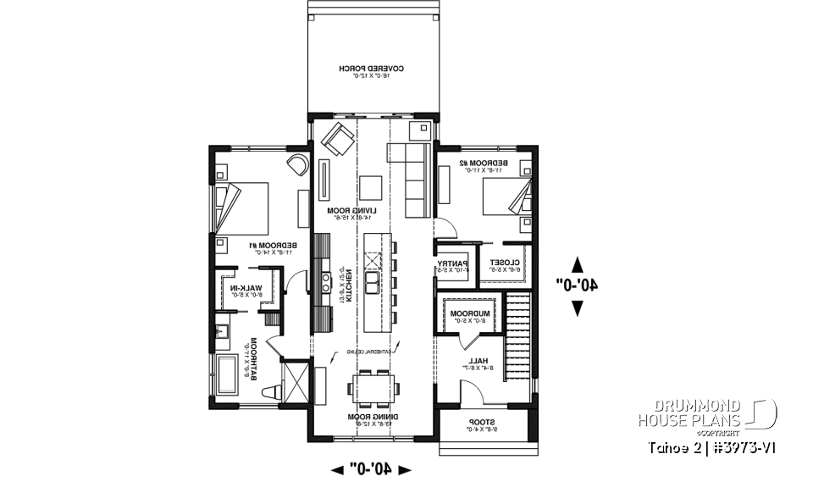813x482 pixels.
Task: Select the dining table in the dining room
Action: [x=373, y=389]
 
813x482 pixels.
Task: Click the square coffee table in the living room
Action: [x=371, y=186]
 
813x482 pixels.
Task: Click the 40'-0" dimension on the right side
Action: [x=578, y=286]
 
